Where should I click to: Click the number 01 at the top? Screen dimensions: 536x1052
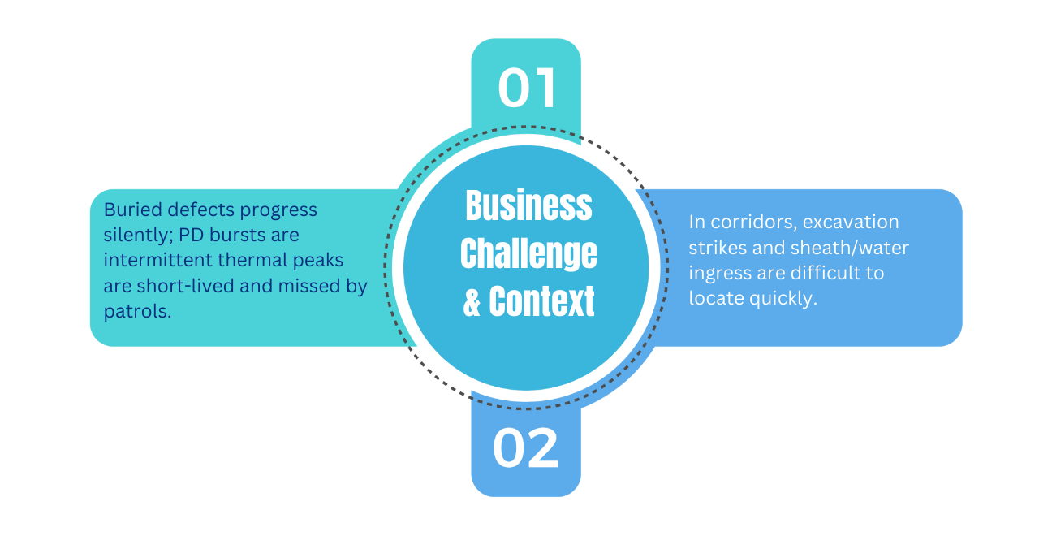[x=527, y=88]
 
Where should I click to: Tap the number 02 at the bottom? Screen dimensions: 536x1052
[x=526, y=447]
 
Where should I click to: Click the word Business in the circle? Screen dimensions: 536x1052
[x=528, y=206]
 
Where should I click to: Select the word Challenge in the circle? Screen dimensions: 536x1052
[x=528, y=253]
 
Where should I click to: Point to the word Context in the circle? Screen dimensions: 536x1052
[x=541, y=301]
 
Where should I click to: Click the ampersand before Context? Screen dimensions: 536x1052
[x=472, y=302]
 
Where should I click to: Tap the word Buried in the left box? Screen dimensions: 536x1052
[x=132, y=210]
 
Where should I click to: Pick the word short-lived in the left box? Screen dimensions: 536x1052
[x=184, y=286]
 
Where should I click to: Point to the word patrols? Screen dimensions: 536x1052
[x=137, y=311]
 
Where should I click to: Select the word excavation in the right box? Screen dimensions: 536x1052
[x=851, y=222]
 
